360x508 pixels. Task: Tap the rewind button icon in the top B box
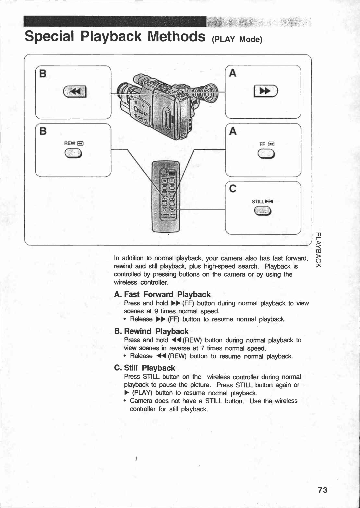[x=75, y=91]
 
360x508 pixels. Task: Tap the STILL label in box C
[x=262, y=201]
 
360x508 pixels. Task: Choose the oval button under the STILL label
[x=263, y=211]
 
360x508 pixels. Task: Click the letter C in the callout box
[x=233, y=189]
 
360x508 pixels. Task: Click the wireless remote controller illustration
[x=166, y=197]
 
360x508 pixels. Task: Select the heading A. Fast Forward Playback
[x=163, y=294]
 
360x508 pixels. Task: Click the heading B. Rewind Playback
[x=151, y=331]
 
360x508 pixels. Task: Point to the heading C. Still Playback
[x=145, y=368]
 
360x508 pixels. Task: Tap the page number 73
[x=322, y=490]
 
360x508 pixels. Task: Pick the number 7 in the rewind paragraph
[x=203, y=348]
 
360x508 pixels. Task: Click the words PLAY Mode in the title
[x=238, y=39]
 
